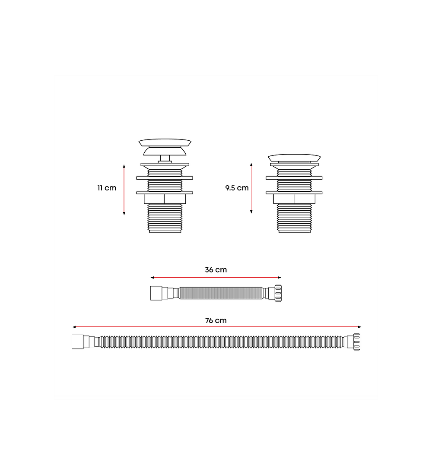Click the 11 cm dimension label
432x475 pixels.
tap(107, 188)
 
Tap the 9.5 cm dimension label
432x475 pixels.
tap(237, 188)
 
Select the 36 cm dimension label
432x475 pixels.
tap(216, 269)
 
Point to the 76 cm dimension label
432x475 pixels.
tap(216, 320)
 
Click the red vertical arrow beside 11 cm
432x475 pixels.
tap(124, 190)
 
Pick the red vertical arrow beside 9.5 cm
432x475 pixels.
tap(251, 188)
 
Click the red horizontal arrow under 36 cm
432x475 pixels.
tap(216, 277)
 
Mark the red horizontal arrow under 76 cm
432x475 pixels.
tap(217, 327)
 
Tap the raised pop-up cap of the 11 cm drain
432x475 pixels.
tap(165, 147)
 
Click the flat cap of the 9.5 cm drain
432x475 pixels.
tap(294, 158)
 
